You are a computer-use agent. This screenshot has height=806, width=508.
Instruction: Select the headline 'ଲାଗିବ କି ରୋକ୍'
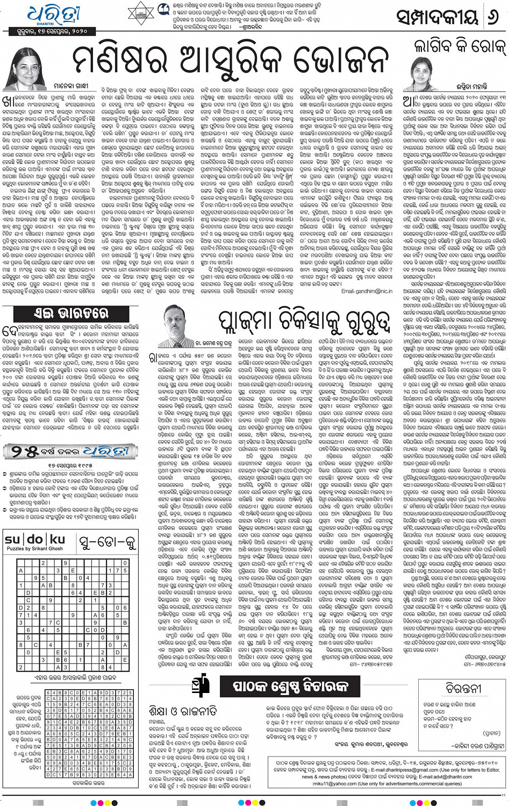click(460, 47)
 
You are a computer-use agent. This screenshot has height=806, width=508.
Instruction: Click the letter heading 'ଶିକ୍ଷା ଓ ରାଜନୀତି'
click(183, 711)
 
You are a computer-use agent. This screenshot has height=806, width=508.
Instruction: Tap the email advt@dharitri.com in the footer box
click(438, 777)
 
